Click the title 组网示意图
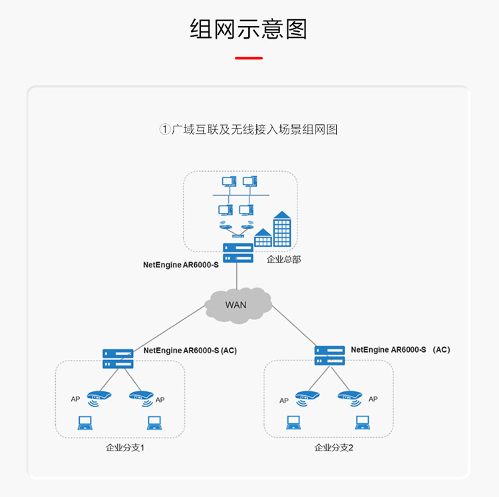click(x=248, y=29)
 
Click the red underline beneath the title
click(x=248, y=59)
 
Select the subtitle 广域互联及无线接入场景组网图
click(x=255, y=130)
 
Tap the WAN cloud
click(x=238, y=305)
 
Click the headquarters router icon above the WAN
click(x=238, y=253)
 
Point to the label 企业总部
click(x=283, y=259)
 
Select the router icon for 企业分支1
click(x=118, y=359)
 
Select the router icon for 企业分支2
click(x=330, y=355)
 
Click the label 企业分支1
click(x=124, y=448)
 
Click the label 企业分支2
click(x=334, y=448)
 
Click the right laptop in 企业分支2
click(x=362, y=422)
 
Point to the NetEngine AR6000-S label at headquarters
click(x=181, y=264)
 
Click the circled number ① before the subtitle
click(x=165, y=130)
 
